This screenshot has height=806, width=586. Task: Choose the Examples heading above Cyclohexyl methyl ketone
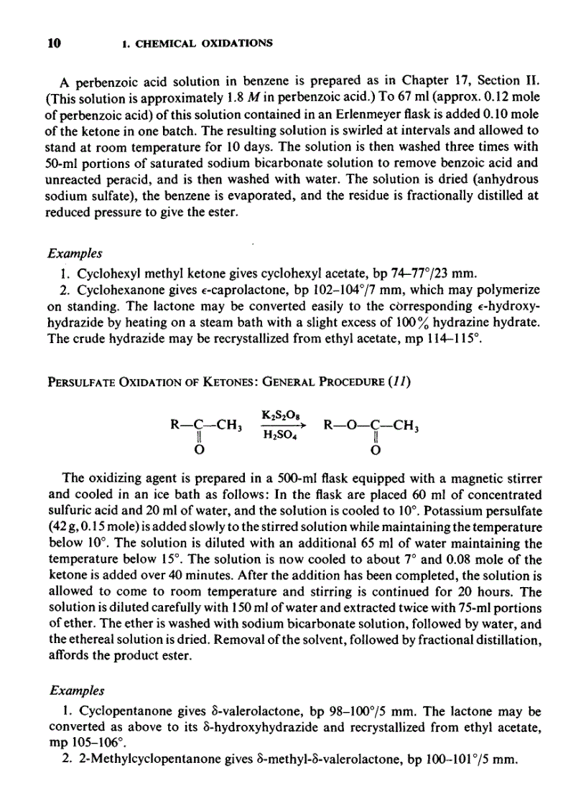pyautogui.click(x=75, y=253)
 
